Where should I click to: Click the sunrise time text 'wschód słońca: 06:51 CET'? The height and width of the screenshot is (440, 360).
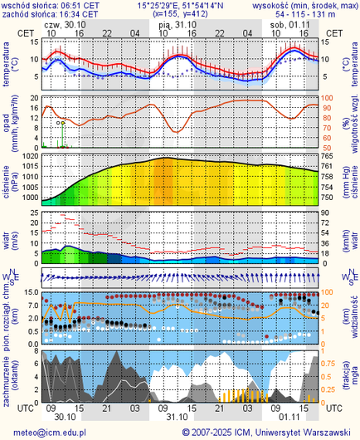[x=51, y=5]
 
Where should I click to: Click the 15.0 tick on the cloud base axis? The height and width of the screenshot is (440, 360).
[x=30, y=293]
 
